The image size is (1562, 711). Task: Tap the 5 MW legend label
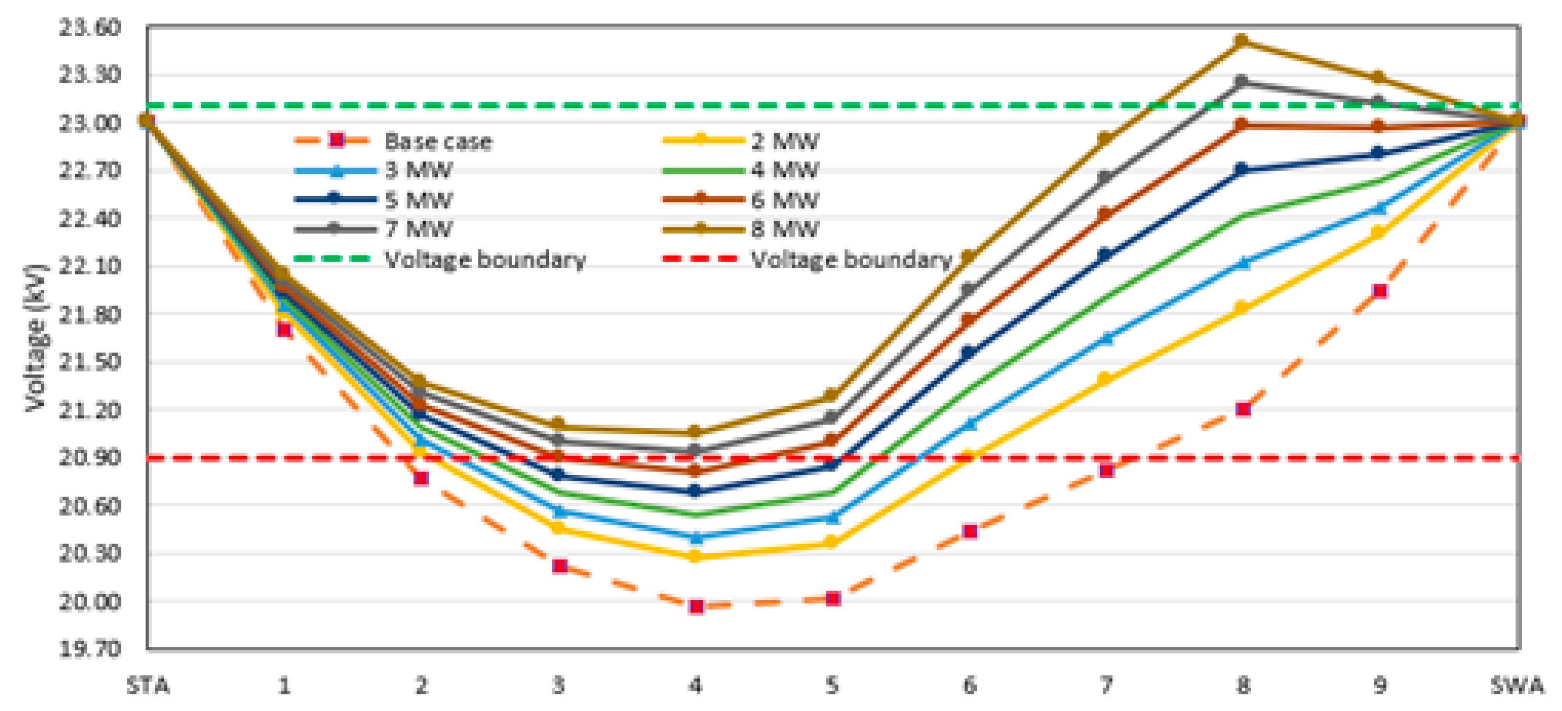418,199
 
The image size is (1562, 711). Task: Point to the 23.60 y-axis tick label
90,28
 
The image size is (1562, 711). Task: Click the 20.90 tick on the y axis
90,457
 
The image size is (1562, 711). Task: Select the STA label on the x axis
148,686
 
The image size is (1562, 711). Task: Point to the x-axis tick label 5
832,686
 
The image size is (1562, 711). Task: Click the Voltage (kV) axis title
35,338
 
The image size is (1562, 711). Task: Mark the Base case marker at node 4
696,606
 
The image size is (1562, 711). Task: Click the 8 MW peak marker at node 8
1241,41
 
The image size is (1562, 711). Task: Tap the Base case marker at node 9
1380,291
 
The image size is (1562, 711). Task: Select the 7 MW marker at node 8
1241,81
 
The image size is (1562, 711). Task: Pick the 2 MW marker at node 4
696,556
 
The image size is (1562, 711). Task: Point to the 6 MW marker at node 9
1378,126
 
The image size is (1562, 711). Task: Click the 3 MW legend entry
418,171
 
